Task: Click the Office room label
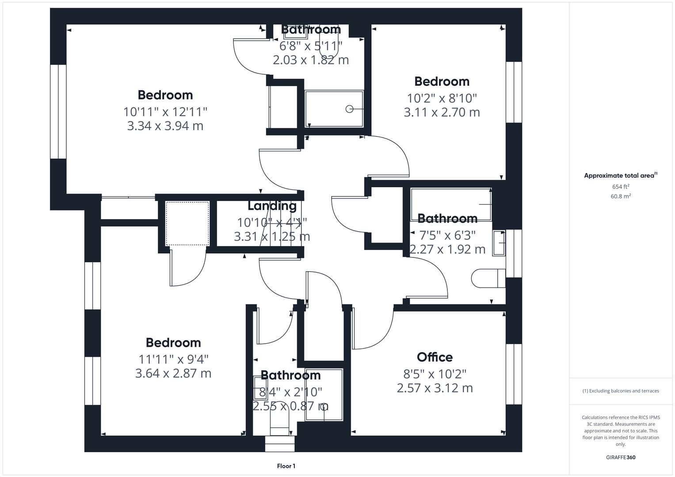(x=435, y=357)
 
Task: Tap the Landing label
(x=272, y=206)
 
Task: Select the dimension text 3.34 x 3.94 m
(x=165, y=126)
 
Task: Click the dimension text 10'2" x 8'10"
(x=442, y=98)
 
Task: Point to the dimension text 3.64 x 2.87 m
(x=173, y=373)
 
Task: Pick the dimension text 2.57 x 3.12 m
(x=435, y=388)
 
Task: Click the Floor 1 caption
(x=286, y=466)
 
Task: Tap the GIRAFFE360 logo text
(x=621, y=457)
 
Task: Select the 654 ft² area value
(x=621, y=187)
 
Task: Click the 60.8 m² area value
(x=621, y=197)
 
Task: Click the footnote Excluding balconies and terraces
(x=621, y=391)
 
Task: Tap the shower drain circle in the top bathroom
(x=349, y=109)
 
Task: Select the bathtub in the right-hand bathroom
(x=450, y=204)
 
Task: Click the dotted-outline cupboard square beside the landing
(x=187, y=223)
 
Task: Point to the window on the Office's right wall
(x=514, y=374)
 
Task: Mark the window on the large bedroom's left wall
(x=58, y=111)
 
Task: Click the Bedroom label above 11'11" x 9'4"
(x=173, y=343)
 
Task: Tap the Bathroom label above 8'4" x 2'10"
(x=290, y=375)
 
